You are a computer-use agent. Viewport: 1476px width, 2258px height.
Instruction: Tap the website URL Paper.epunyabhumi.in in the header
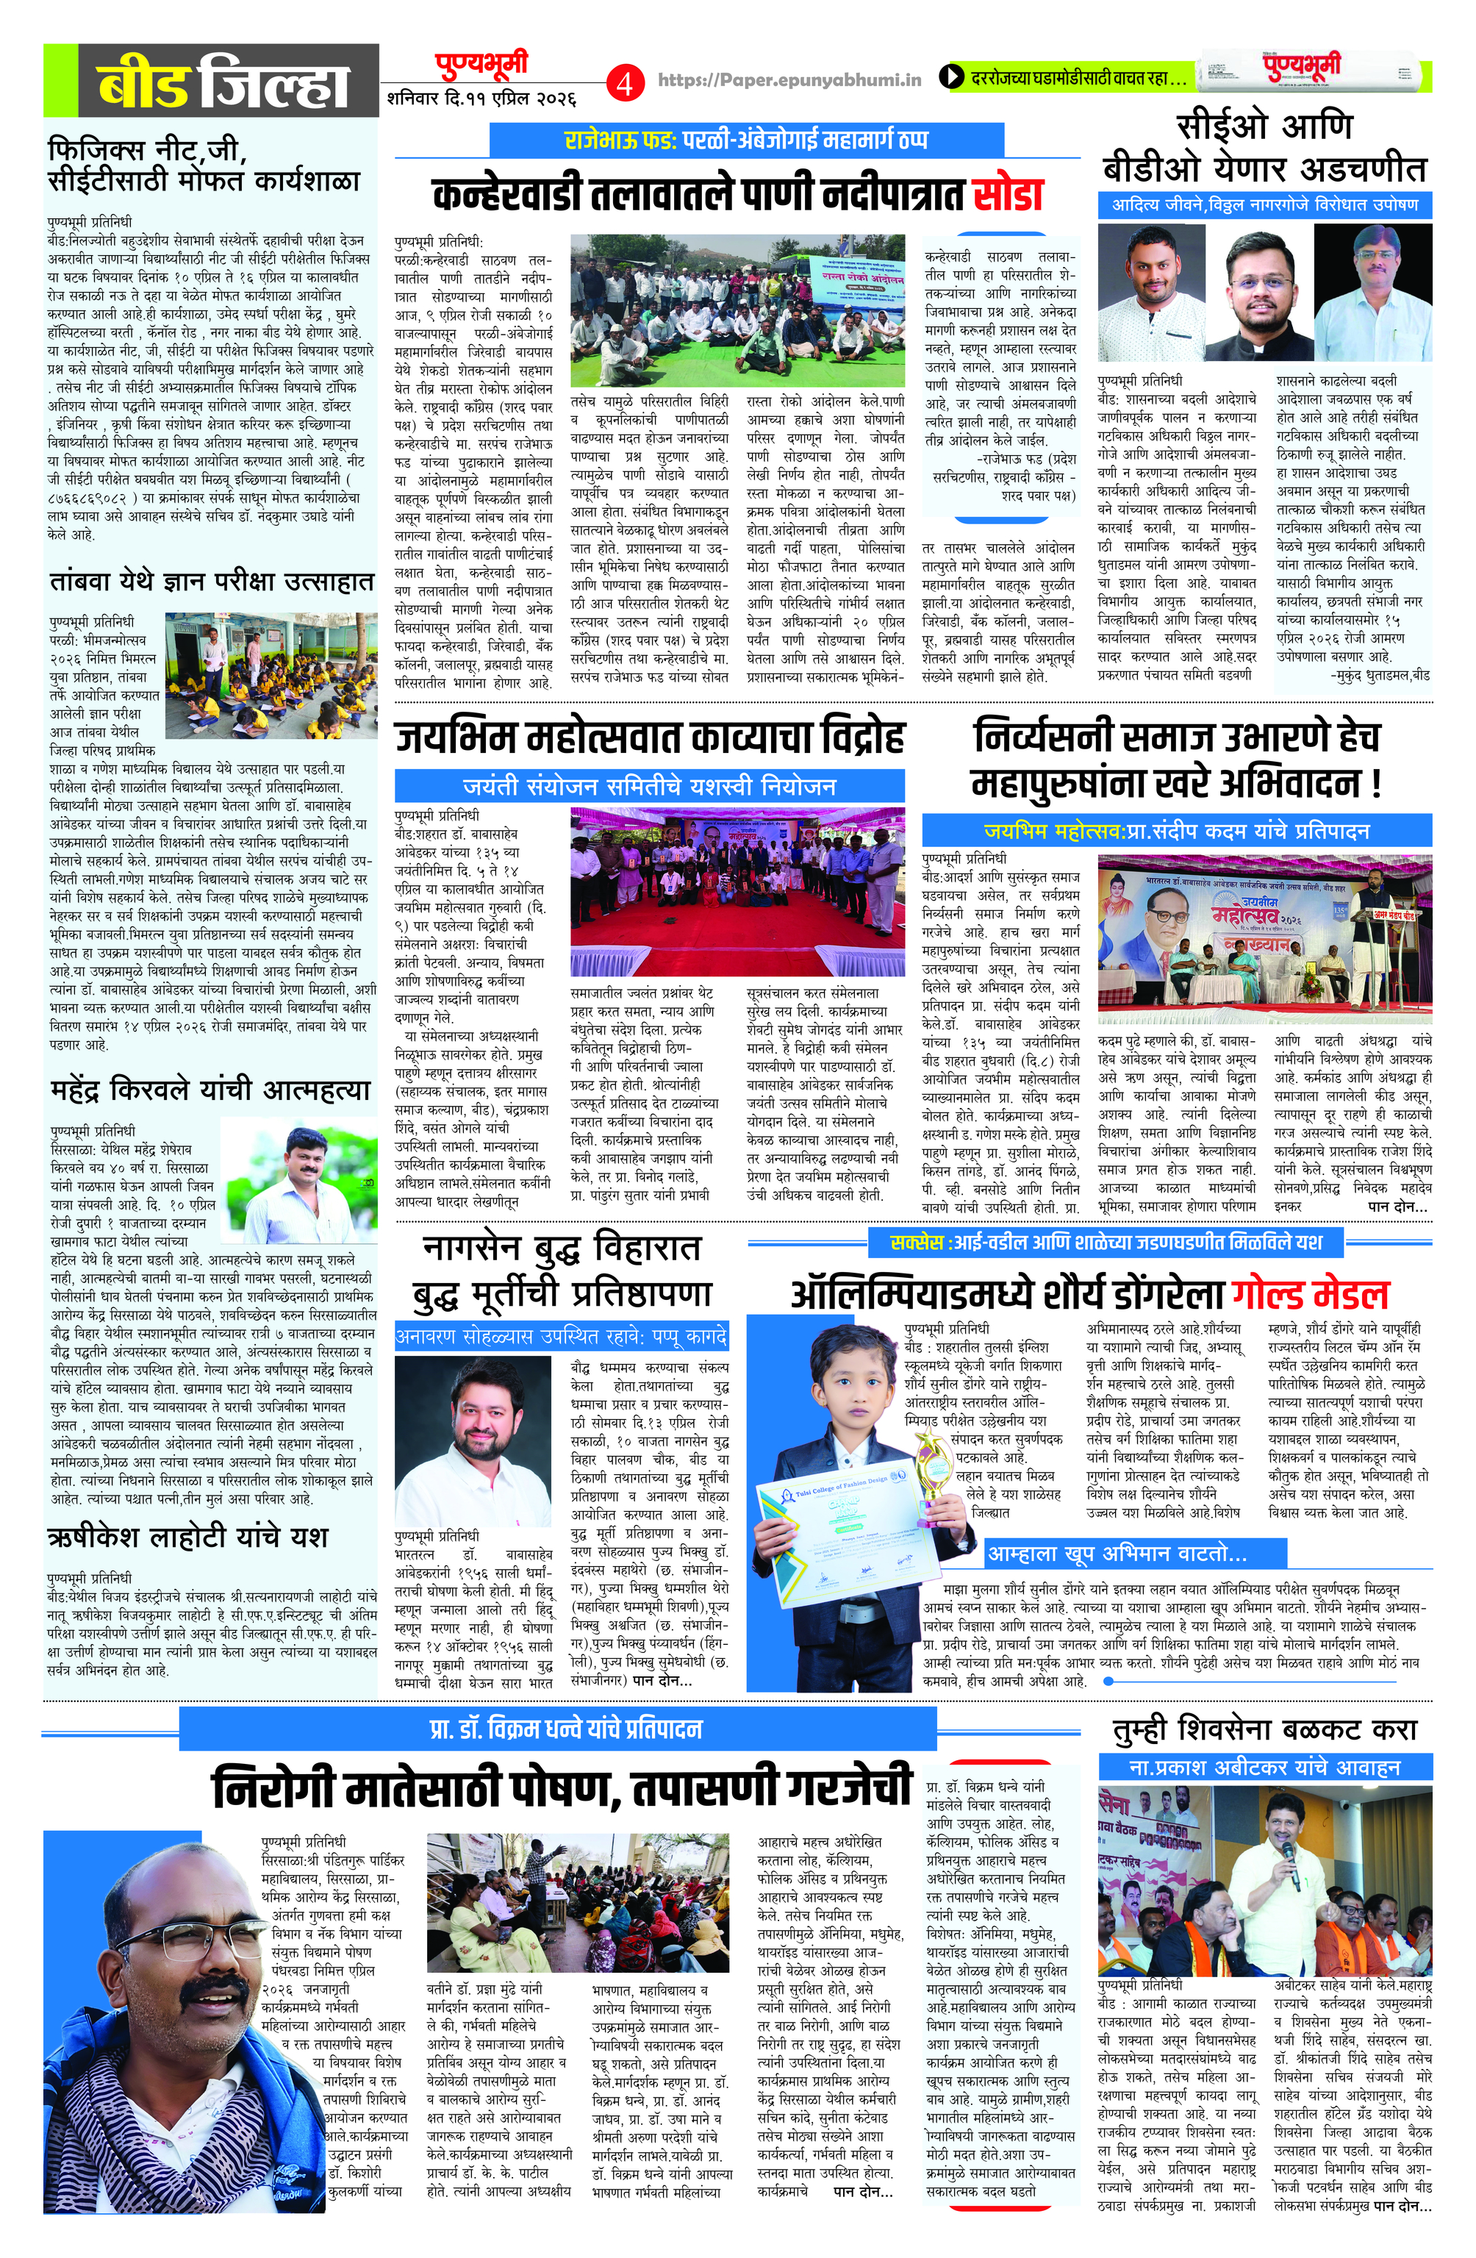tap(789, 81)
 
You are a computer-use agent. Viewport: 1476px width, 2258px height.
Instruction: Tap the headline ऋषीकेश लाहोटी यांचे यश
tap(187, 1535)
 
